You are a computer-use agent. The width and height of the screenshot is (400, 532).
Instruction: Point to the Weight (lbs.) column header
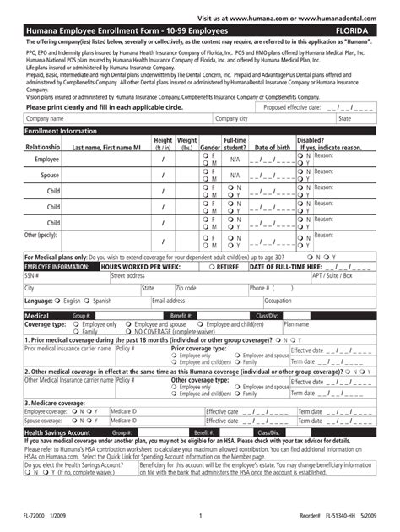click(187, 144)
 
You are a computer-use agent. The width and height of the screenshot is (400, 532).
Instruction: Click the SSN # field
click(55, 275)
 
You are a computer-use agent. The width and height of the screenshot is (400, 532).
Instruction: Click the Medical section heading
click(37, 314)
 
